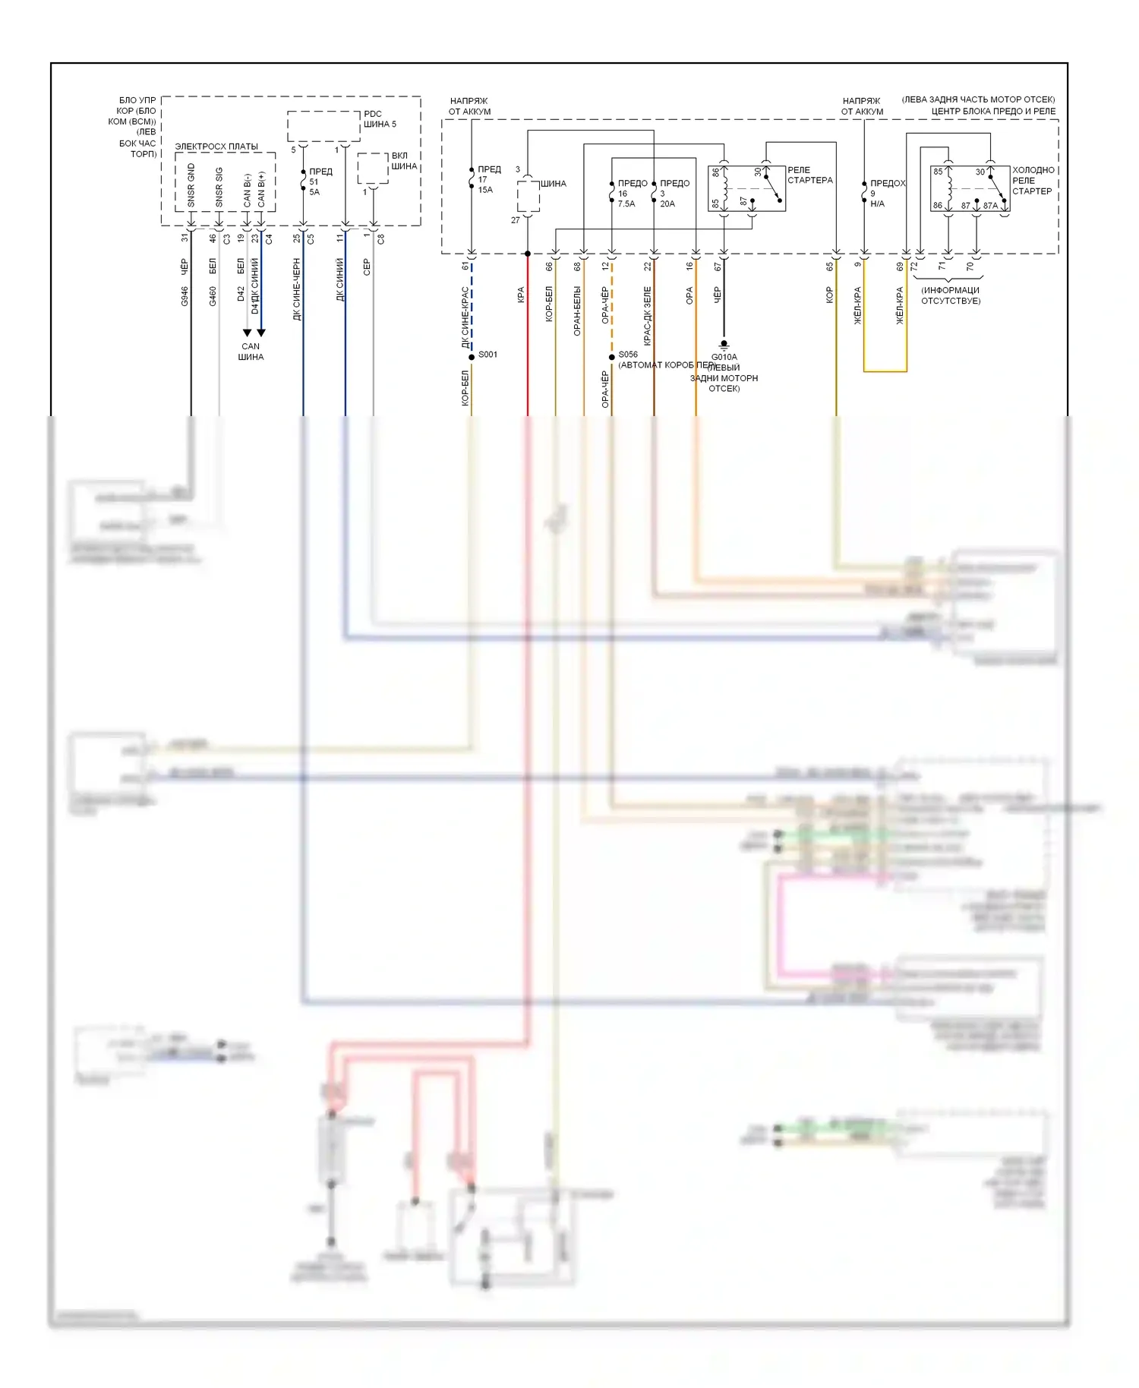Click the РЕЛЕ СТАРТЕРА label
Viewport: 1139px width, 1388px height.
click(x=809, y=175)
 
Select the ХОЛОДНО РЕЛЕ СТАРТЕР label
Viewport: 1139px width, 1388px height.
click(x=1033, y=181)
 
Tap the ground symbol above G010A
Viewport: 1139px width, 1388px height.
click(x=724, y=344)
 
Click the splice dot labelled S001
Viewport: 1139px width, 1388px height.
click(x=472, y=356)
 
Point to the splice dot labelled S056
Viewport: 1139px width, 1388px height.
click(x=612, y=356)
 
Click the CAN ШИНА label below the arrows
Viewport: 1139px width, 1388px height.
click(x=251, y=352)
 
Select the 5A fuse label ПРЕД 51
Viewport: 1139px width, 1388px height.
click(x=318, y=182)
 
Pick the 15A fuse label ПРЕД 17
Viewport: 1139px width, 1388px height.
click(x=487, y=180)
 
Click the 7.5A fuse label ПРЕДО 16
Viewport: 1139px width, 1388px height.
click(x=630, y=194)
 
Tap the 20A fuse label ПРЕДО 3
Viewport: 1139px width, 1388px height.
click(x=673, y=194)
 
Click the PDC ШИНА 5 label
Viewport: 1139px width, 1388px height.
click(x=380, y=119)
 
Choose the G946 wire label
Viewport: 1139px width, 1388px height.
click(x=185, y=296)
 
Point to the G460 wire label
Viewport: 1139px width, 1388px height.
click(x=213, y=296)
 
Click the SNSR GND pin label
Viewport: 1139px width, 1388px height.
click(x=191, y=185)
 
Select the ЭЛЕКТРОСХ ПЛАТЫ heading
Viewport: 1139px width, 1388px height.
click(x=216, y=147)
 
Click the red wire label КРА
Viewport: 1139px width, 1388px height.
click(x=521, y=295)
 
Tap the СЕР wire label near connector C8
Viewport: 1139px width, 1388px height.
click(x=367, y=267)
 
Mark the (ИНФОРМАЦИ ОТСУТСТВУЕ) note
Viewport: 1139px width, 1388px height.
click(x=950, y=295)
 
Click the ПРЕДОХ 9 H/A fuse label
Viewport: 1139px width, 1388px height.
click(x=885, y=194)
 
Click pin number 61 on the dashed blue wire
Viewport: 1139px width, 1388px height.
click(x=465, y=267)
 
